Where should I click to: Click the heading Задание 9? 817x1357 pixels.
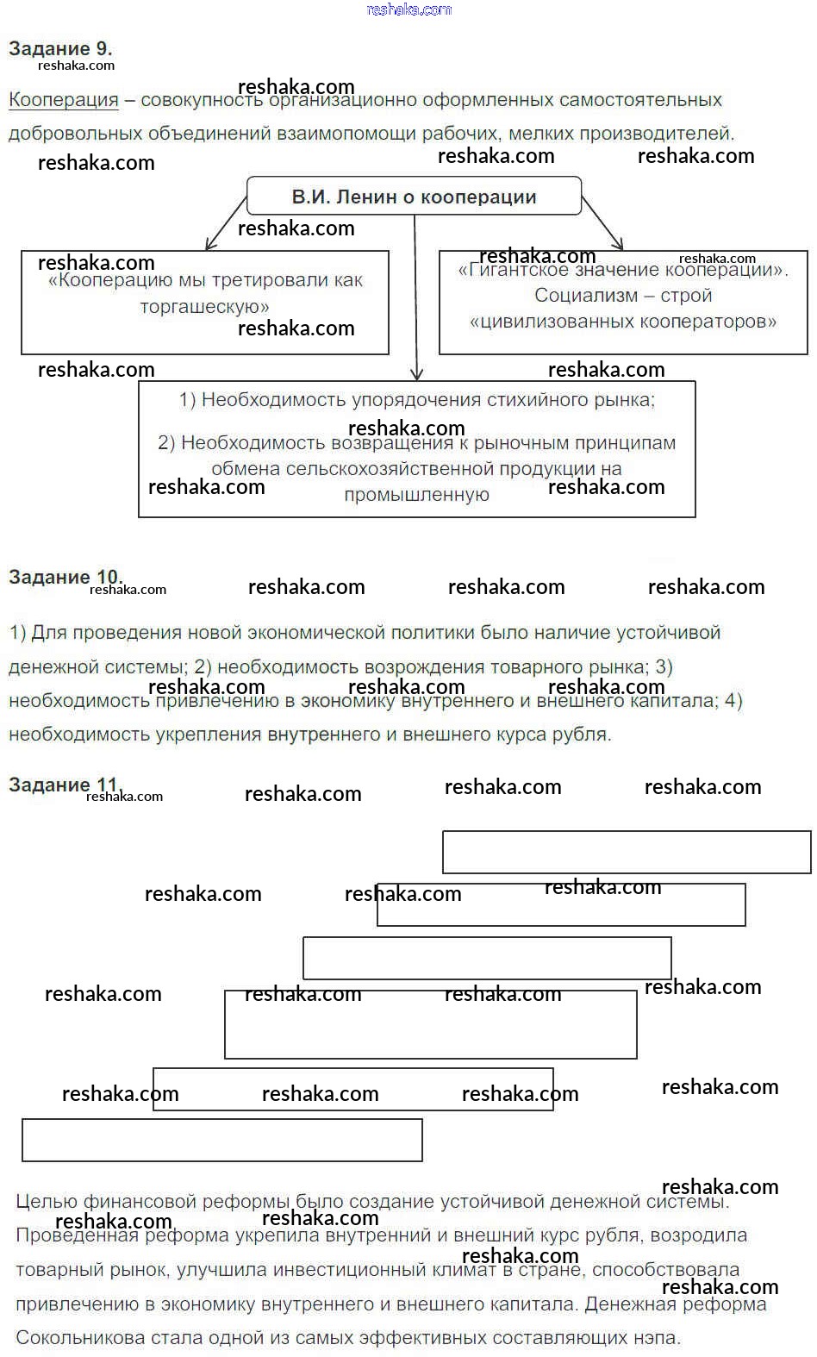point(60,48)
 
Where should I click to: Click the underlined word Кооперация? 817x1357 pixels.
point(63,100)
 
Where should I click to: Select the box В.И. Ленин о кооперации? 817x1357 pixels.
point(414,197)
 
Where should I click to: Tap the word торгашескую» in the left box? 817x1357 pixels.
point(205,307)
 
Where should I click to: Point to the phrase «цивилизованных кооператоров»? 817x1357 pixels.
point(622,322)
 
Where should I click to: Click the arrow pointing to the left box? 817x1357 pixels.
point(226,222)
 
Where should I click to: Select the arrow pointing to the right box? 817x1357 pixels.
point(602,223)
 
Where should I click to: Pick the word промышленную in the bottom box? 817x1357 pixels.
point(416,495)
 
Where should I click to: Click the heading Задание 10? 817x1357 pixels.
point(64,577)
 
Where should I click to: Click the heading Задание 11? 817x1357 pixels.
point(62,785)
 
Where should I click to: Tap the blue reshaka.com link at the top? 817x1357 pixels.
point(408,9)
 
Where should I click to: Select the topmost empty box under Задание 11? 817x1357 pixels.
point(627,852)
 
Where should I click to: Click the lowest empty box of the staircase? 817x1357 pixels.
point(221,1140)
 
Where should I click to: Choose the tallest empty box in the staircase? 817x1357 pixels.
point(430,1024)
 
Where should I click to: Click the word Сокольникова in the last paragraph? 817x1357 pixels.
point(78,1338)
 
